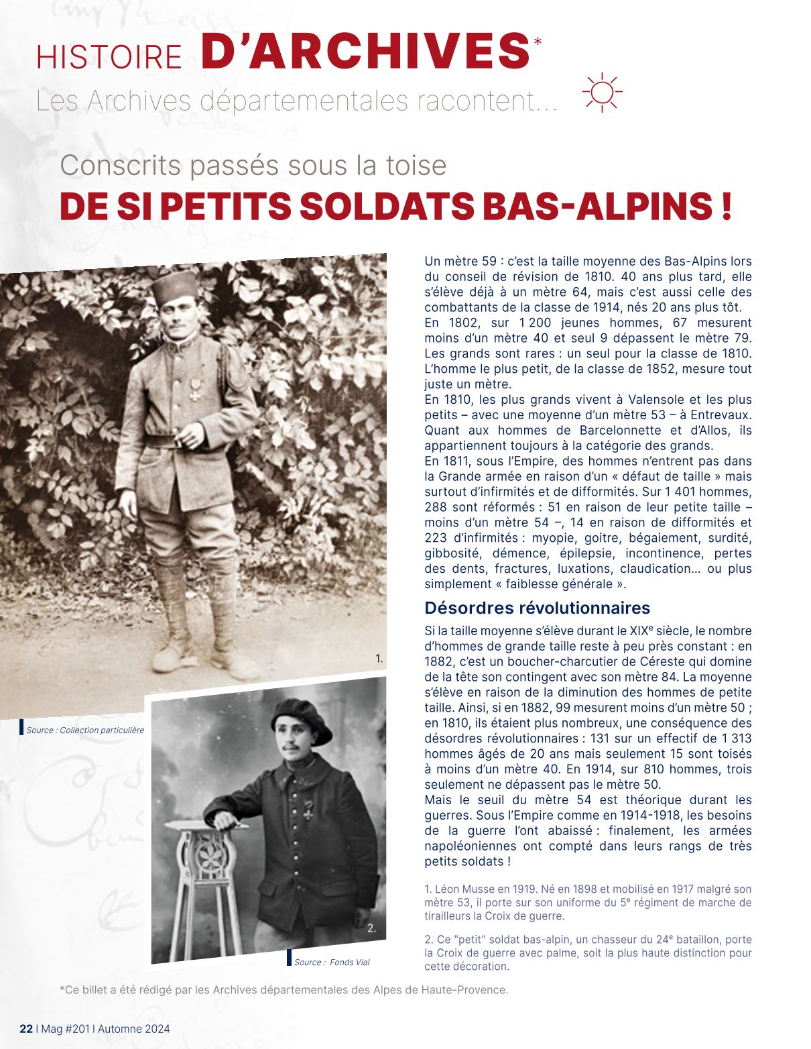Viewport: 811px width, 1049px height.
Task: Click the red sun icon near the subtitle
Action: [x=602, y=92]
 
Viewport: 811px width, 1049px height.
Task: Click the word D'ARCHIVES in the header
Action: [x=365, y=51]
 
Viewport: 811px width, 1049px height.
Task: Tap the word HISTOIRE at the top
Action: [x=109, y=57]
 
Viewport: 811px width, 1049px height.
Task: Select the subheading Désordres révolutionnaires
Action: [x=537, y=608]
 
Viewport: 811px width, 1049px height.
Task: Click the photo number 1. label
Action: [x=379, y=659]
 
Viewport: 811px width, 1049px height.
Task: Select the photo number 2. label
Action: [x=372, y=929]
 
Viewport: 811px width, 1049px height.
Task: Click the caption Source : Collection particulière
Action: [x=85, y=730]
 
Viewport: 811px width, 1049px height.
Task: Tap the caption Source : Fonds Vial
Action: [x=332, y=962]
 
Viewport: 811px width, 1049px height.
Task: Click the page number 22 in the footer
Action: [x=26, y=1029]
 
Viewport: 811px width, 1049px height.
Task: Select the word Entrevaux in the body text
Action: [x=721, y=415]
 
